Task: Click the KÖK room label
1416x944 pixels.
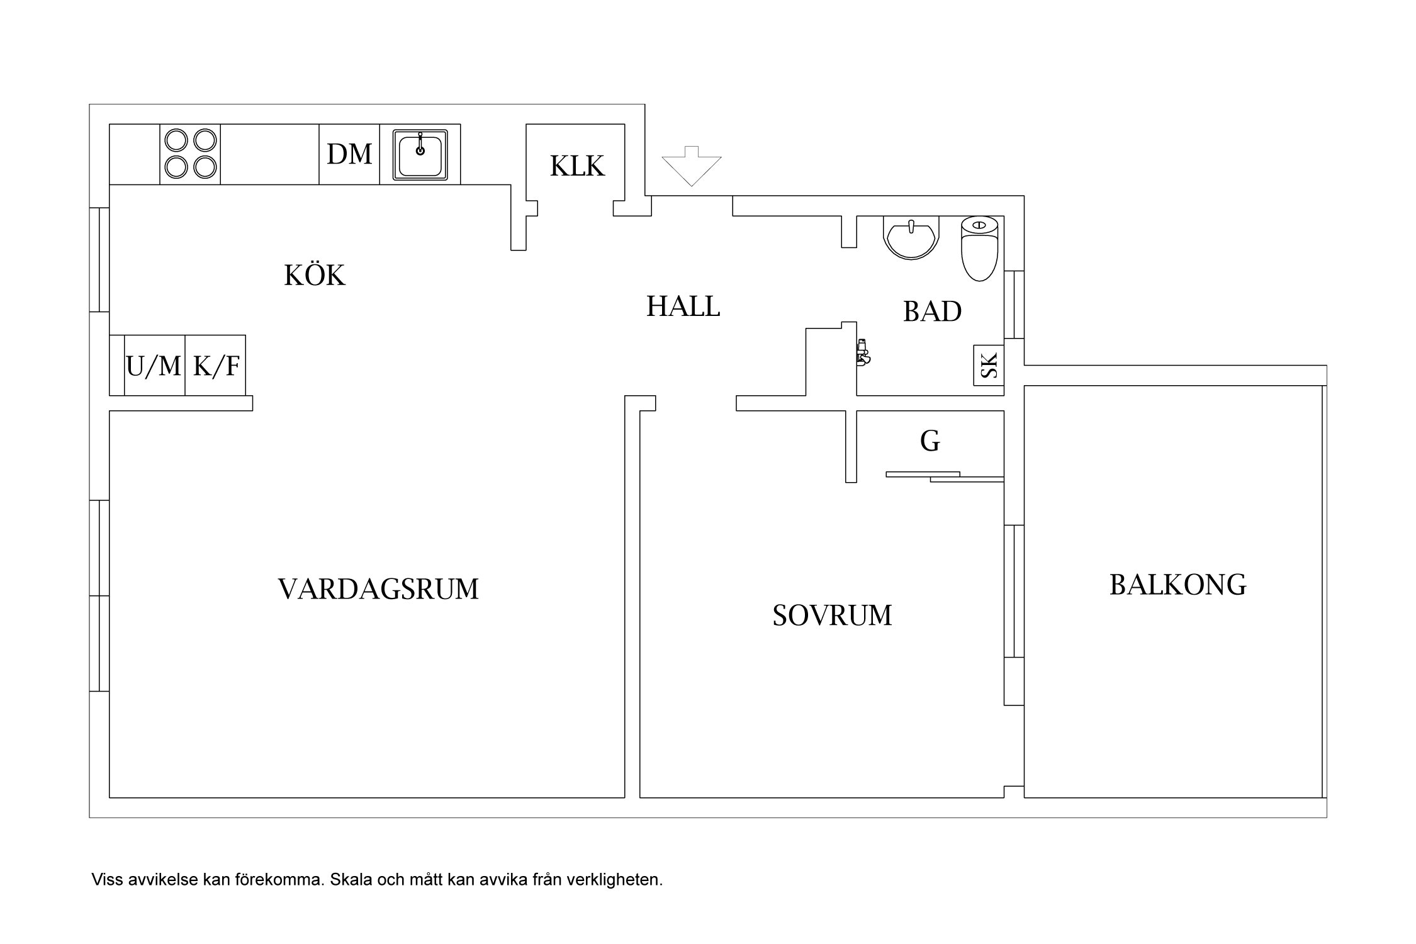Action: pyautogui.click(x=315, y=275)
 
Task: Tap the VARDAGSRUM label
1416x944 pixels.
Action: pyautogui.click(x=378, y=589)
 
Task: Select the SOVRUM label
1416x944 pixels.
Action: pyautogui.click(x=832, y=615)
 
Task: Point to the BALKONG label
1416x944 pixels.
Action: pyautogui.click(x=1177, y=585)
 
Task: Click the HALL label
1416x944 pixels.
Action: pyautogui.click(x=683, y=306)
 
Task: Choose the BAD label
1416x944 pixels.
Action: pyautogui.click(x=932, y=311)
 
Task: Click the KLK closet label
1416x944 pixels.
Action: pyautogui.click(x=577, y=166)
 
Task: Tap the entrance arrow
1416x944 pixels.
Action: pyautogui.click(x=692, y=166)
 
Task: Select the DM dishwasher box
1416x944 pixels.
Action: pyautogui.click(x=349, y=154)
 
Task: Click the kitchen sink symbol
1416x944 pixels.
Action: pyautogui.click(x=420, y=154)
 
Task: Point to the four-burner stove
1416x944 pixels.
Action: pyautogui.click(x=190, y=154)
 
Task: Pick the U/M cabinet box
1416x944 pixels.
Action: pyautogui.click(x=154, y=366)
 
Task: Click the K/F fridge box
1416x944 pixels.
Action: pyautogui.click(x=215, y=366)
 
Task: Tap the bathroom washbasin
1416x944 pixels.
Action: pyautogui.click(x=911, y=237)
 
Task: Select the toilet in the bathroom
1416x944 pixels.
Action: pyautogui.click(x=980, y=249)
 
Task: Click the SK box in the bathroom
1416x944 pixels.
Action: pyautogui.click(x=989, y=365)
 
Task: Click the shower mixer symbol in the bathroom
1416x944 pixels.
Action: pyautogui.click(x=863, y=352)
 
